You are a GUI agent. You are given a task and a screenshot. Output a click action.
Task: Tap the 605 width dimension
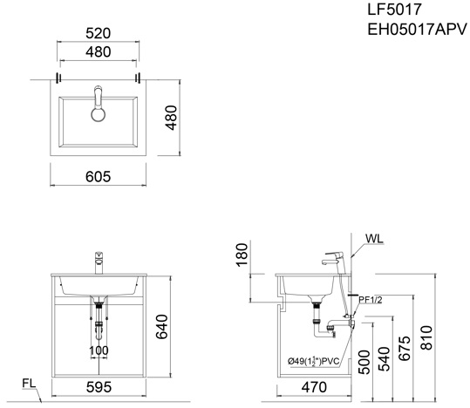98,176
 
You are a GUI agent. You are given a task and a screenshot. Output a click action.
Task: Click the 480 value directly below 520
98,52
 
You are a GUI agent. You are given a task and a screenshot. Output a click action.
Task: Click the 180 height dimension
240,256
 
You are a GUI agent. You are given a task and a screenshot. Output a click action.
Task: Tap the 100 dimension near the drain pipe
99,351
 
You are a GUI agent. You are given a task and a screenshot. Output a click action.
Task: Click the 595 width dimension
98,387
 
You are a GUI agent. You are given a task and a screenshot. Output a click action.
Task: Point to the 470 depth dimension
316,387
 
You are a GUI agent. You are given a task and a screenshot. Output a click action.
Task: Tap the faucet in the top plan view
98,103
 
